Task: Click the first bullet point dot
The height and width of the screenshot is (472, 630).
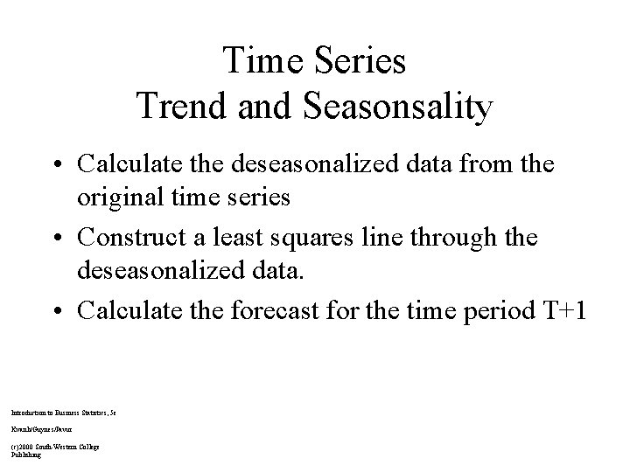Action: [58, 165]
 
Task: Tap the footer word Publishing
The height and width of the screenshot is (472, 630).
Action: [26, 455]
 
